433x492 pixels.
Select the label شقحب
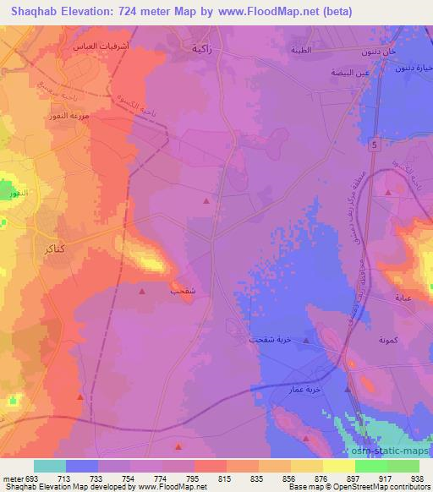[x=184, y=291]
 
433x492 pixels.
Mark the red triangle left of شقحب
[x=142, y=290]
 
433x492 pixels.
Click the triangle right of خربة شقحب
[x=306, y=340]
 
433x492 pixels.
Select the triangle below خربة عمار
[x=348, y=390]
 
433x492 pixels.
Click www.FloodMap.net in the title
[x=252, y=12]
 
